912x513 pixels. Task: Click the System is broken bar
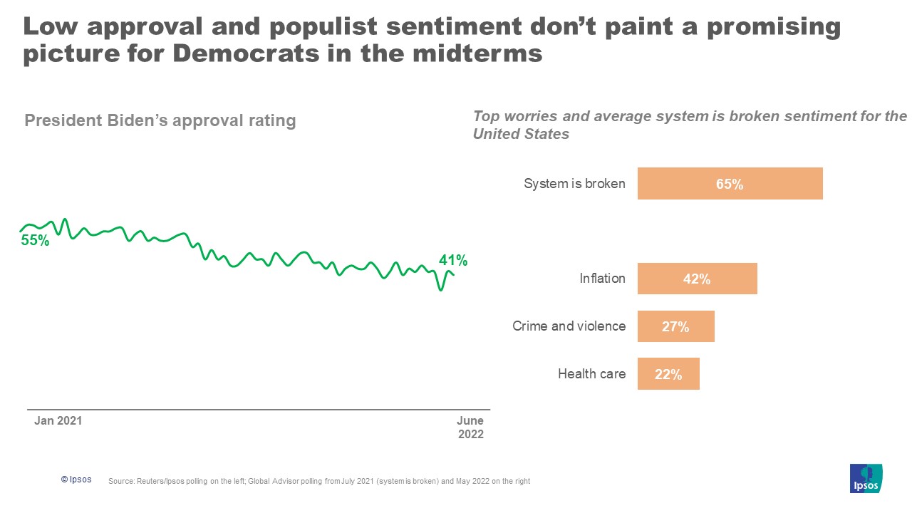click(x=730, y=183)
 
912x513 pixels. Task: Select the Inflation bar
click(x=697, y=279)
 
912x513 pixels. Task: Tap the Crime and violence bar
click(x=675, y=326)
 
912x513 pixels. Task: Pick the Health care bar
click(x=668, y=374)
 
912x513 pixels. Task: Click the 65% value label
click(x=730, y=184)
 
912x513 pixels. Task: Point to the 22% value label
click(x=668, y=374)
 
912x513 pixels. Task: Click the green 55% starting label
click(x=35, y=241)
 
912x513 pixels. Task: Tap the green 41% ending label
click(x=452, y=259)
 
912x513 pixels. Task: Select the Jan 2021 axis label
click(x=58, y=421)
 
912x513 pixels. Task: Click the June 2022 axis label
click(x=470, y=427)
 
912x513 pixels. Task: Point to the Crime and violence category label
click(x=569, y=326)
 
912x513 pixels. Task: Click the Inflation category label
click(x=602, y=279)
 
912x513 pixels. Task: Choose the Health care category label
click(x=591, y=374)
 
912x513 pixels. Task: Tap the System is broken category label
click(x=574, y=184)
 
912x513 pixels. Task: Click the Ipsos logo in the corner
click(x=866, y=478)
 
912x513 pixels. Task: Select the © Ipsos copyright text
click(x=76, y=480)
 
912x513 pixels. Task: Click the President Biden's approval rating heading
click(x=160, y=120)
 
